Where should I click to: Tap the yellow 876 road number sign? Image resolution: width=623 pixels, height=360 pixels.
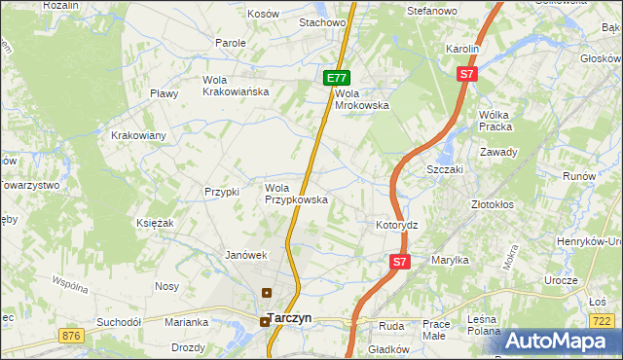[70, 336]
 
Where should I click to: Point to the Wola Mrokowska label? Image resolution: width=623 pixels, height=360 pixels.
[361, 99]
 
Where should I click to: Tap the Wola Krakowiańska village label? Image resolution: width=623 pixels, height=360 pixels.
[235, 86]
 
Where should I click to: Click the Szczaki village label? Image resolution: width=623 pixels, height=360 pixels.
[445, 168]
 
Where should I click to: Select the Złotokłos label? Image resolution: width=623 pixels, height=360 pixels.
[493, 205]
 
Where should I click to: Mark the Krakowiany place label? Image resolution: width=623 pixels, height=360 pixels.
[138, 135]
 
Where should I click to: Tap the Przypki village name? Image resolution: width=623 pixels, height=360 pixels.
[222, 192]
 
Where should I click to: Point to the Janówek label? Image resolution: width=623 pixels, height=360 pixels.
[245, 255]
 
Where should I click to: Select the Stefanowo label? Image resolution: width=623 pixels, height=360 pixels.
[432, 11]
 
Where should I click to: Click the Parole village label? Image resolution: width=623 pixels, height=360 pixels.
[231, 44]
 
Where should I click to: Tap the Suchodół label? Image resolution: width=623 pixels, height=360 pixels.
[119, 321]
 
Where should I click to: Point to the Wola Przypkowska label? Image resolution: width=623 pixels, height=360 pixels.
[296, 194]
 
